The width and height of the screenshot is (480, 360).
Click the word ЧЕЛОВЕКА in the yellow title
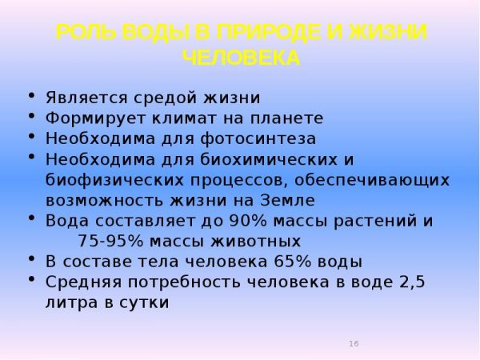click(x=242, y=58)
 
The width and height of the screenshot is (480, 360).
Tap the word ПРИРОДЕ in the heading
click(x=270, y=32)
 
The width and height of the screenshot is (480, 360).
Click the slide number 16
click(x=354, y=343)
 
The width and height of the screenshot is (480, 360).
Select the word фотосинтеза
click(x=258, y=138)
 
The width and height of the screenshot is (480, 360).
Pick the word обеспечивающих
click(x=372, y=181)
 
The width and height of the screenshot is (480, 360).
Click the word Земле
click(x=288, y=201)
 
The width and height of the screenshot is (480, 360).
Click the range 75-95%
click(x=110, y=241)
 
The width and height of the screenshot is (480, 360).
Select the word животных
click(x=256, y=242)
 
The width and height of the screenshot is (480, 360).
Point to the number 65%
click(x=292, y=262)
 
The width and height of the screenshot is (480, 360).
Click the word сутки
click(x=144, y=302)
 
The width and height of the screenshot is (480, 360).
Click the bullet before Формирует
click(x=31, y=116)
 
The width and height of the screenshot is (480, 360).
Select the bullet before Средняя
click(x=31, y=279)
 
